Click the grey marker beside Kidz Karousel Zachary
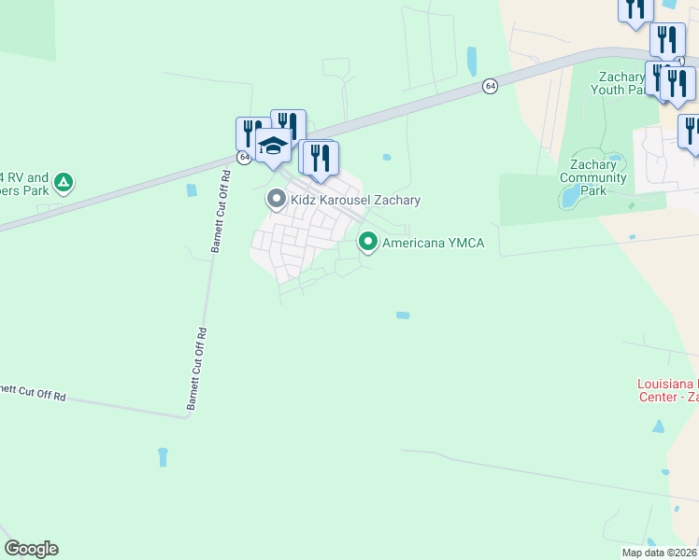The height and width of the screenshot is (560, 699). pos(276,200)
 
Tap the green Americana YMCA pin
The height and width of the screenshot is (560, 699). pos(368,244)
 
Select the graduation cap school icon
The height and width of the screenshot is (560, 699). pos(272,147)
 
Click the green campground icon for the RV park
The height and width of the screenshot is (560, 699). pos(63,182)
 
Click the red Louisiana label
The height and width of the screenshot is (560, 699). pos(667,385)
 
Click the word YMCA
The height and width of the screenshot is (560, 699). pos(466,244)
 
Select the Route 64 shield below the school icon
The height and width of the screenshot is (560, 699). pos(244,157)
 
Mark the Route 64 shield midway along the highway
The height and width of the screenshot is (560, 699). pos(491,86)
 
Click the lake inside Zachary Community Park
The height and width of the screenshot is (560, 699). pos(568,197)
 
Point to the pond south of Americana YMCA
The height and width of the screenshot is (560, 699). pos(402,315)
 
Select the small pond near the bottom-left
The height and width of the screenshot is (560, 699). pos(163,456)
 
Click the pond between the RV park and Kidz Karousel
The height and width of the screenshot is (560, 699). pos(193,190)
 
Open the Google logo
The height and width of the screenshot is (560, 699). pos(31,549)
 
